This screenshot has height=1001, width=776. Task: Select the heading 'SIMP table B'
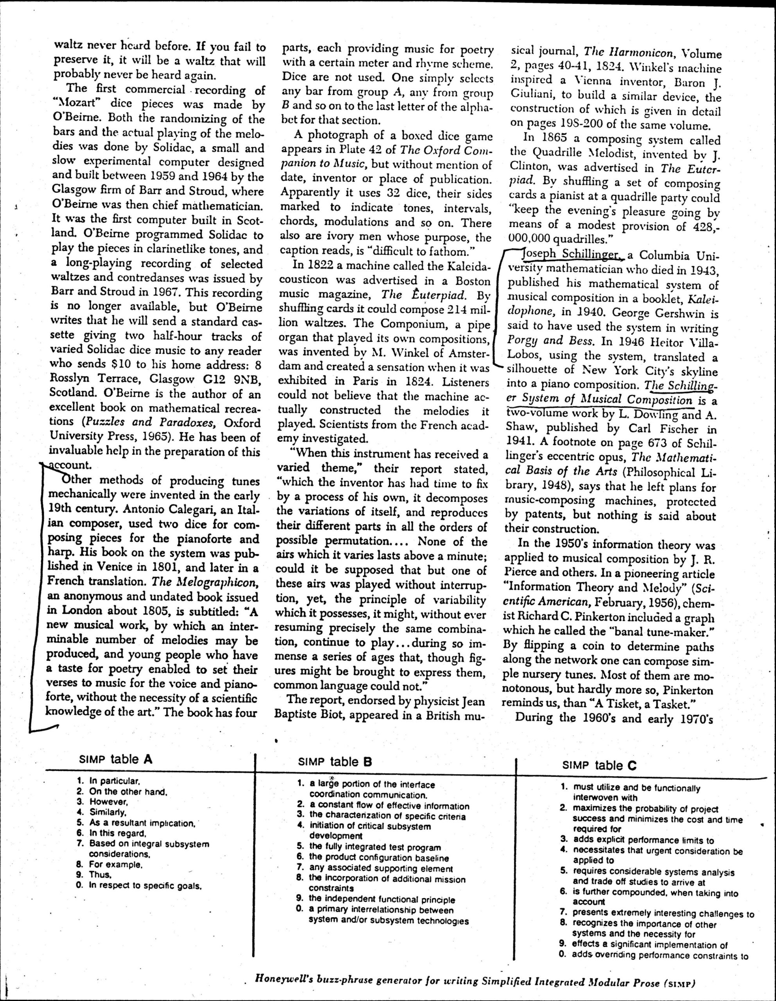(x=334, y=762)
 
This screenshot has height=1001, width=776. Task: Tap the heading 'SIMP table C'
(x=599, y=764)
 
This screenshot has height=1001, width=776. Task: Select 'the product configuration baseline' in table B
(x=378, y=857)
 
